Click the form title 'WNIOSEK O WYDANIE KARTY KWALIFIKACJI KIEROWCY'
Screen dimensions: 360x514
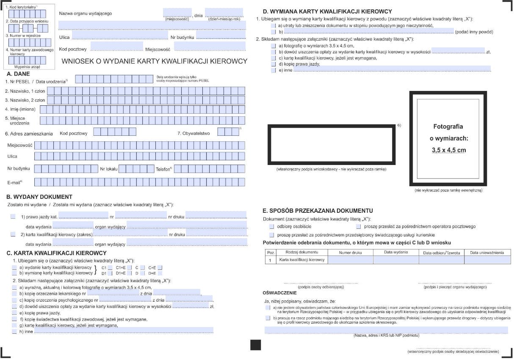155,61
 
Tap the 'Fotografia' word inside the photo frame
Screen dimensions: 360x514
448,126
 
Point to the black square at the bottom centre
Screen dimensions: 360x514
255,345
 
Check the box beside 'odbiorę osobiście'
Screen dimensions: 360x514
272,227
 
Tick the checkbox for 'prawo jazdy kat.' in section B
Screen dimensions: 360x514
13,217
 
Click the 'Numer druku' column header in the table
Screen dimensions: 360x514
350,253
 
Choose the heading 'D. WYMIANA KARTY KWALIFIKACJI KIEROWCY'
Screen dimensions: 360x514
327,11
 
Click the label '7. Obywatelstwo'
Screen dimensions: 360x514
193,133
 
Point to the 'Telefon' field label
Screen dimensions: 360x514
164,168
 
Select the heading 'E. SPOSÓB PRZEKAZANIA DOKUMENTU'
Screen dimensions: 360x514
318,211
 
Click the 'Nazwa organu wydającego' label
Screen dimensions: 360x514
86,14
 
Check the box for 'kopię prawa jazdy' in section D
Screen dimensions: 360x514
273,64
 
